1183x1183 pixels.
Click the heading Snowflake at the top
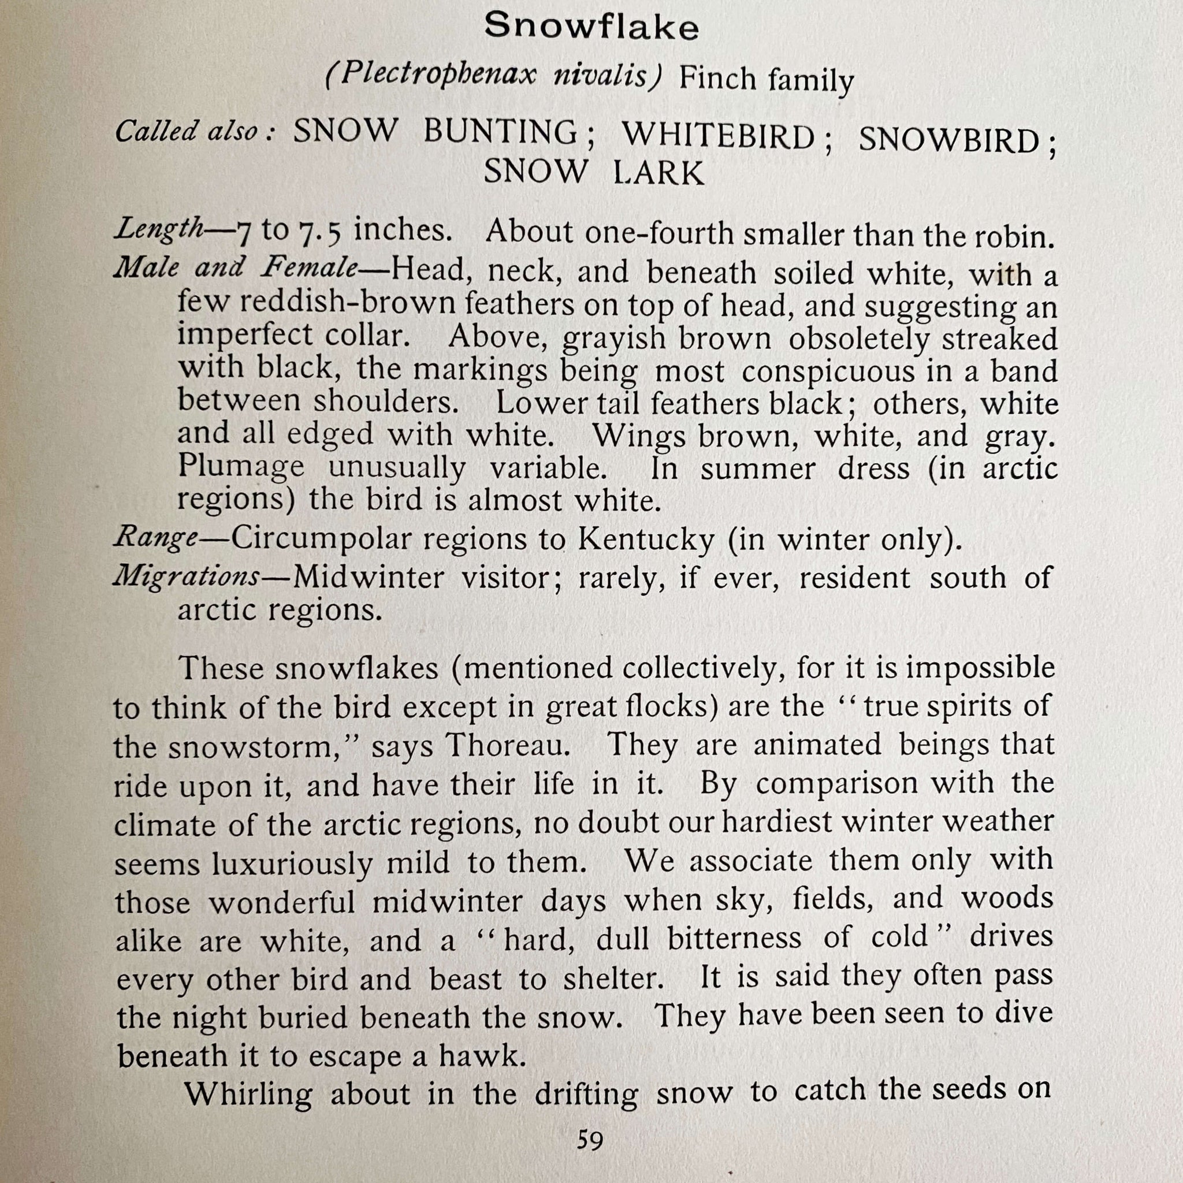click(591, 27)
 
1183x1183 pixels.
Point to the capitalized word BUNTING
click(501, 132)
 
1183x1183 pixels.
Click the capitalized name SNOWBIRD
click(949, 140)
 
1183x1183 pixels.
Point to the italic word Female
click(308, 267)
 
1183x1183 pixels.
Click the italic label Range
click(156, 538)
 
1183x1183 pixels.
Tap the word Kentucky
click(646, 540)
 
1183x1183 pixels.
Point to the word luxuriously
click(292, 864)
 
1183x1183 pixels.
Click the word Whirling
click(248, 1094)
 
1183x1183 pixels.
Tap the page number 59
click(590, 1140)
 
